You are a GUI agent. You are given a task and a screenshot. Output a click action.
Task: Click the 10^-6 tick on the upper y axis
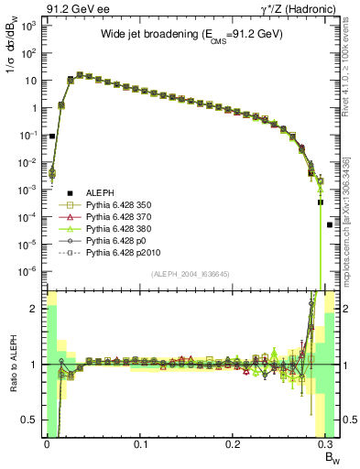point(28,270)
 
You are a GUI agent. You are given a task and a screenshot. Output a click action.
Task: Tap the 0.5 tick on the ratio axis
point(31,420)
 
